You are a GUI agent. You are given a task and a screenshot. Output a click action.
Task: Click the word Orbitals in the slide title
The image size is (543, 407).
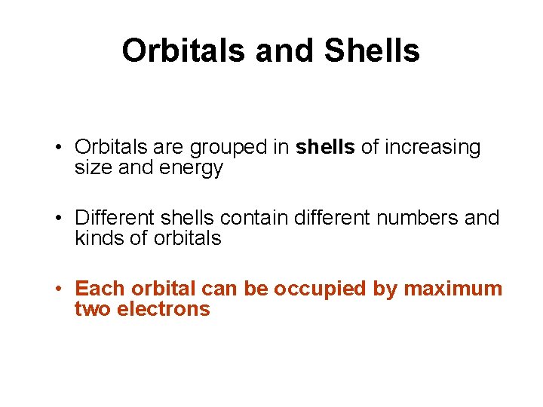tap(184, 51)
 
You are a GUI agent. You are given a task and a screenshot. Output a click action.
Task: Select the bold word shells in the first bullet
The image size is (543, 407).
tap(325, 148)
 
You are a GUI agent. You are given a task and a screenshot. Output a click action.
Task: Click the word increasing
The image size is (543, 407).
tap(432, 148)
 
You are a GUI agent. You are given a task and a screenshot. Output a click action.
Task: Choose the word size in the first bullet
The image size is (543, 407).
tap(92, 168)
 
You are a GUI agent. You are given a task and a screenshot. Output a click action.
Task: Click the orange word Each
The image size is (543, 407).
tap(100, 289)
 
